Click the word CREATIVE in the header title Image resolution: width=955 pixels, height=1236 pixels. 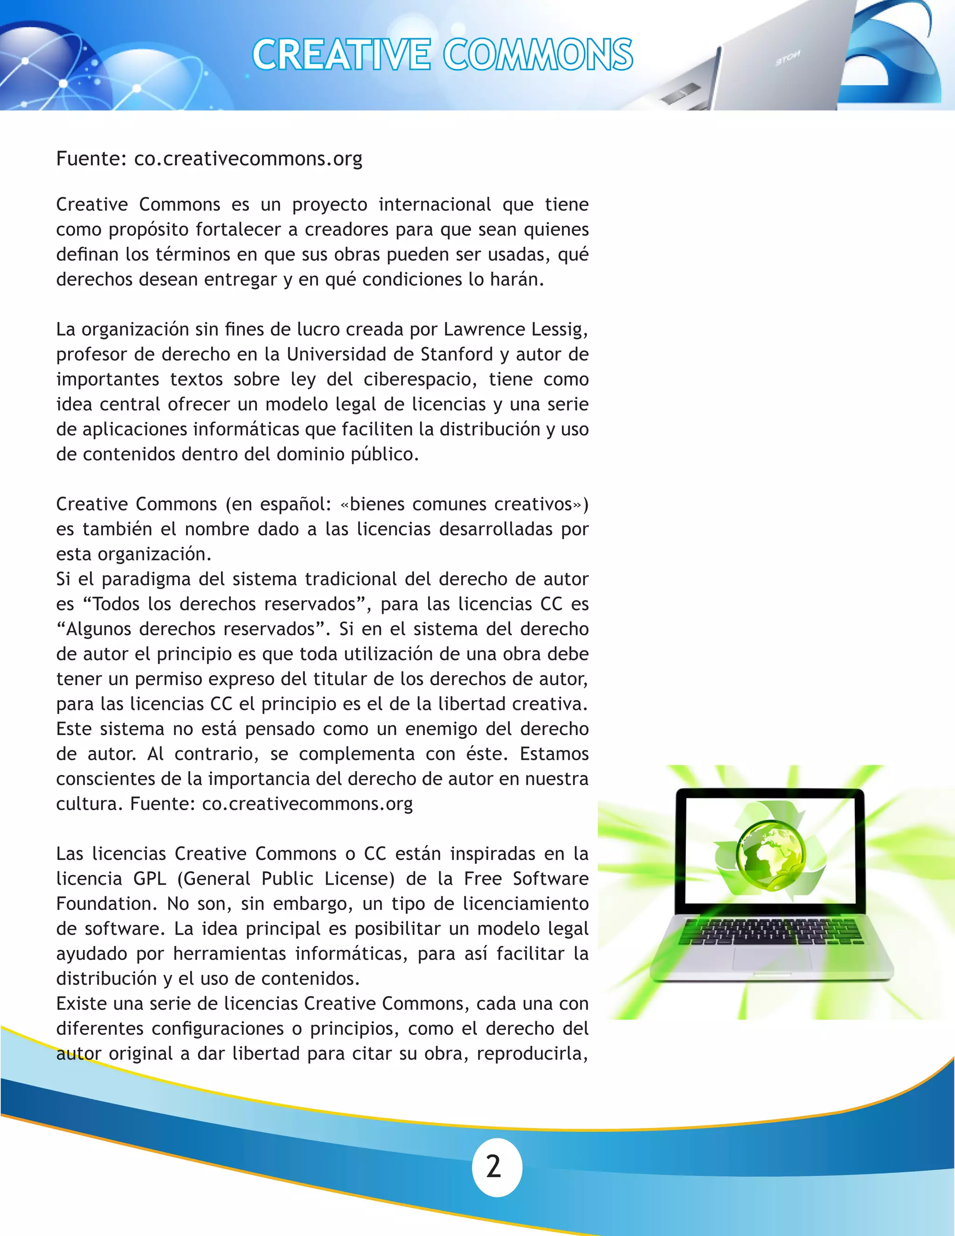tap(341, 55)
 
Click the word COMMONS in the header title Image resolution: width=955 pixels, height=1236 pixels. tap(538, 55)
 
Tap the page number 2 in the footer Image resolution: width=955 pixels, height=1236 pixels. tap(494, 1167)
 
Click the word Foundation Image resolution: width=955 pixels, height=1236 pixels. tap(104, 903)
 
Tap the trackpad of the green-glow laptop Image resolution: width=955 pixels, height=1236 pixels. tap(772, 957)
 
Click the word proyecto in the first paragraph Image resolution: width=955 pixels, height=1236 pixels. tap(330, 204)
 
